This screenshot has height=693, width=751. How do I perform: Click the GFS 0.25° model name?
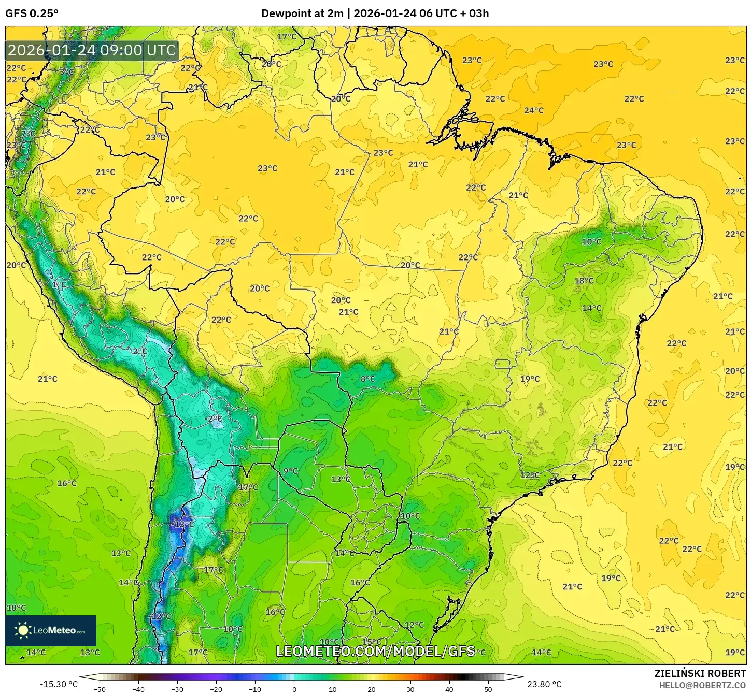32,13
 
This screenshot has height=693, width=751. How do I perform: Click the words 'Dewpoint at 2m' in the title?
302,13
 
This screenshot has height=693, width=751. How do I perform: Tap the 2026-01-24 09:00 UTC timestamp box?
92,50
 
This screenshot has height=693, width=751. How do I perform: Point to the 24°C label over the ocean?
533,110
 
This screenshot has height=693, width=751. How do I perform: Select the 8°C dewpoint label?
367,379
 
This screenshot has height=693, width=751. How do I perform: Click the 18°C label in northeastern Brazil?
584,281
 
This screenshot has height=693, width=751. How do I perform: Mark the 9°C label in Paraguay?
290,471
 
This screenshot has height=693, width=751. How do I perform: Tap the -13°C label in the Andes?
182,524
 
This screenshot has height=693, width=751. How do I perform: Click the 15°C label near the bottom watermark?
371,642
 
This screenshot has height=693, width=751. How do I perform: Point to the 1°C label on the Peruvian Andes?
59,285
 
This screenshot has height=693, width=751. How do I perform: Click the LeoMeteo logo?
51,630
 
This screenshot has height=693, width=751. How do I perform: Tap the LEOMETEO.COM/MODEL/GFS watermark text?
375,651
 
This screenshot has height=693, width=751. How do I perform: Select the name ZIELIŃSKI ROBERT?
700,673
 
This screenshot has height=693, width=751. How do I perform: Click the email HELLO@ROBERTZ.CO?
702,685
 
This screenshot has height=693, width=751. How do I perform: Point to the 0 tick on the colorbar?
294,689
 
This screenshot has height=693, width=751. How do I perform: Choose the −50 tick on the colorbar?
99,689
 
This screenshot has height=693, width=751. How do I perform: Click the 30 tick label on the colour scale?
410,689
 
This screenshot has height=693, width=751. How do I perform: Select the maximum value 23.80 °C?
544,684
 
